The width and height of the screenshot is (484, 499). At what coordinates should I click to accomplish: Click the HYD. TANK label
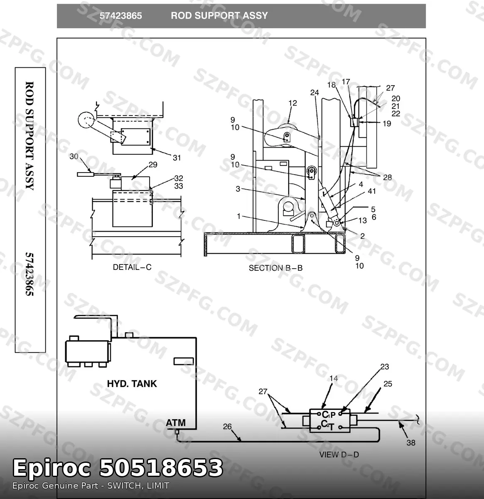132,384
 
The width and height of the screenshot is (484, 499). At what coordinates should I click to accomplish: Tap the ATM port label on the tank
175,422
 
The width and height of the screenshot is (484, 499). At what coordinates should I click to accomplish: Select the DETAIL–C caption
132,267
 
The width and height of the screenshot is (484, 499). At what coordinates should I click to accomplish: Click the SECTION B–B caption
276,268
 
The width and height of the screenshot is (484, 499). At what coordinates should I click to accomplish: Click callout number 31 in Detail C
177,158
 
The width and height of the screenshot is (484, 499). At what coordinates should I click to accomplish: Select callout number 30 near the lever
74,156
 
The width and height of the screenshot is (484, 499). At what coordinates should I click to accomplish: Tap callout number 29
153,165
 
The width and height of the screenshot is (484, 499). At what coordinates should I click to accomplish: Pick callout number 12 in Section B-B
292,103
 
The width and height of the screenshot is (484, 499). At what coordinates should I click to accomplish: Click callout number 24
314,93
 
